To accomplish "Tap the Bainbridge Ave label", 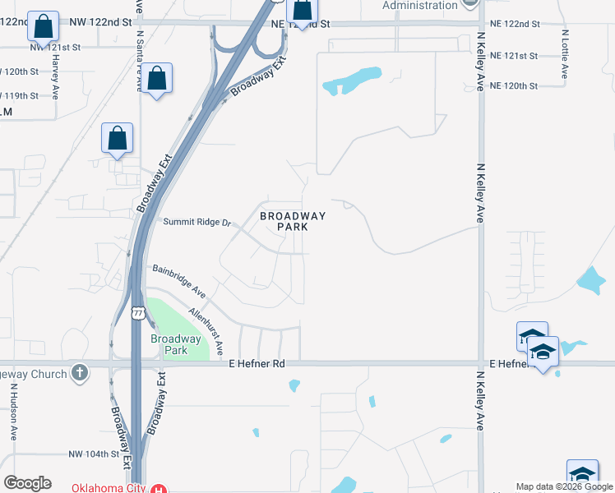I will tap(178, 280).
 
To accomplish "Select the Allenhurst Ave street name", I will tap(206, 331).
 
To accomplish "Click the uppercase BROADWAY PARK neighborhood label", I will tap(293, 221).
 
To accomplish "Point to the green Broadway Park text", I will tap(175, 344).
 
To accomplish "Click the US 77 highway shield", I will tap(137, 311).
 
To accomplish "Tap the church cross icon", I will tap(79, 373).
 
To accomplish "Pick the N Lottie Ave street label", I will tap(565, 54).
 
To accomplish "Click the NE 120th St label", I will tap(513, 85).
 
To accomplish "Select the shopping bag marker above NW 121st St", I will tap(44, 27).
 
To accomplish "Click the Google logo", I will tap(27, 483).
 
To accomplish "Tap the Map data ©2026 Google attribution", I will tap(564, 486).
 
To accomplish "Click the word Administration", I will tap(419, 5).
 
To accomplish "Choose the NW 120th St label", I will tap(18, 71).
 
